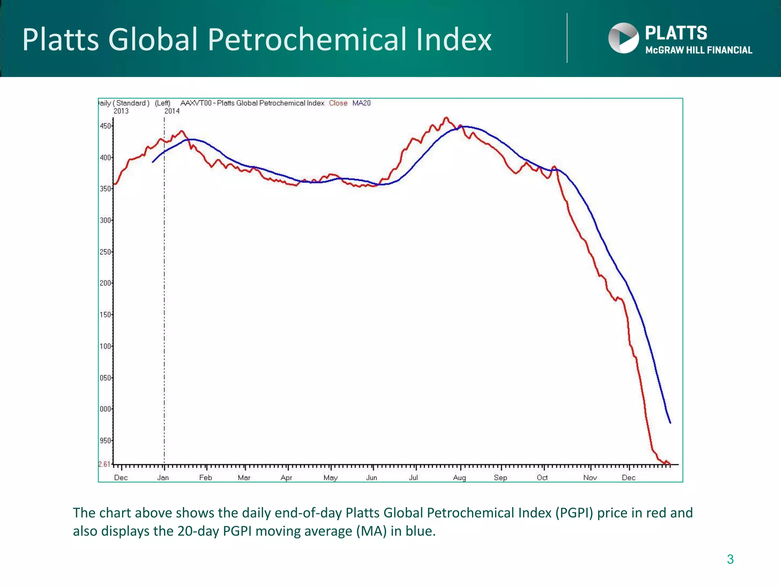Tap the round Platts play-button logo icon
[624, 38]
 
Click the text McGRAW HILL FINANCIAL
[699, 50]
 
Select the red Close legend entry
[338, 103]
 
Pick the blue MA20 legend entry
[361, 103]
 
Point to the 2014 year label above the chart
[172, 111]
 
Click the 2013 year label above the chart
[121, 111]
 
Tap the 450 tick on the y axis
[105, 126]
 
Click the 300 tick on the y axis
[105, 220]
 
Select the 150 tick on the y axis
[105, 315]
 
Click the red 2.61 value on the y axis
[104, 464]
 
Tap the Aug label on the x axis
[460, 478]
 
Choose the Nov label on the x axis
[590, 478]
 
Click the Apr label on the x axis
[286, 478]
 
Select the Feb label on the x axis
[206, 478]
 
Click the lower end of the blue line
[670, 422]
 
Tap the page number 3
[730, 559]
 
